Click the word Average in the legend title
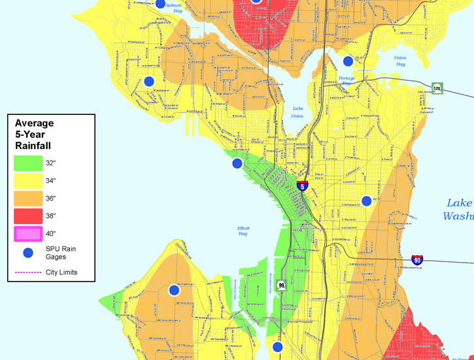click(x=34, y=123)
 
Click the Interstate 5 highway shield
click(x=302, y=186)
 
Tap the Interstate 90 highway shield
click(x=417, y=261)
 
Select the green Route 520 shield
click(x=437, y=88)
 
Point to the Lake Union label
click(x=297, y=112)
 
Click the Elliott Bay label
click(x=243, y=231)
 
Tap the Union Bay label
click(x=399, y=61)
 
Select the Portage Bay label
click(x=347, y=80)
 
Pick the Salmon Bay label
click(x=173, y=7)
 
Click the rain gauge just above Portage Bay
click(x=348, y=61)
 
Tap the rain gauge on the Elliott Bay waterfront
click(x=237, y=163)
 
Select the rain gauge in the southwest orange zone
click(x=174, y=290)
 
